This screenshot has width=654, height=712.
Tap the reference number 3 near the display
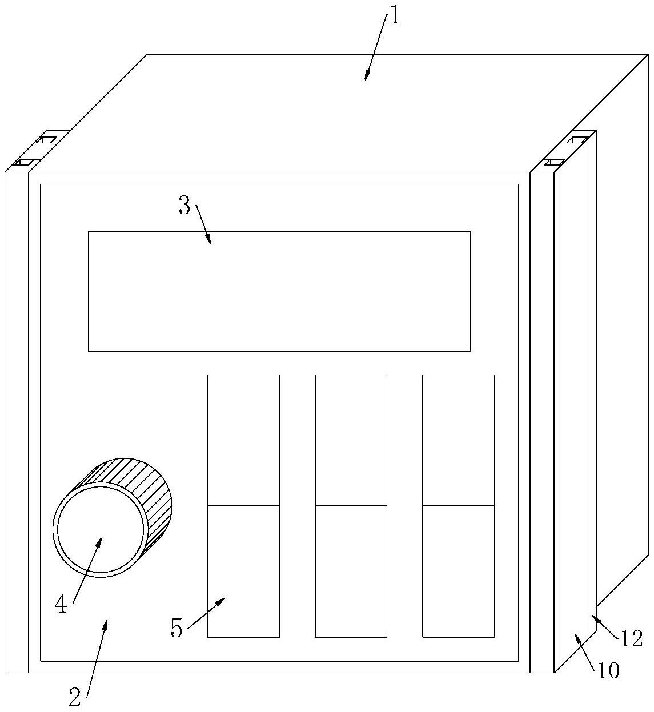[x=184, y=206]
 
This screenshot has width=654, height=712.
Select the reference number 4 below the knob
[x=61, y=604]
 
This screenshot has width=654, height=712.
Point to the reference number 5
[x=176, y=629]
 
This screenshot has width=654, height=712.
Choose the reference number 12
[x=632, y=639]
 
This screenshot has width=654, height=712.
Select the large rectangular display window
[x=279, y=291]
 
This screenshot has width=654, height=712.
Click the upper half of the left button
[x=243, y=440]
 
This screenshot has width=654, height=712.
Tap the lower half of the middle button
[x=351, y=571]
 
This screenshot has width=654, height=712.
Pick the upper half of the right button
[x=458, y=440]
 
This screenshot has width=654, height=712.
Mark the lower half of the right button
[x=458, y=571]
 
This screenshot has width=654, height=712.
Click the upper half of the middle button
[x=351, y=440]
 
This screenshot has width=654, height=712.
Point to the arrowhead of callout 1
[x=366, y=77]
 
